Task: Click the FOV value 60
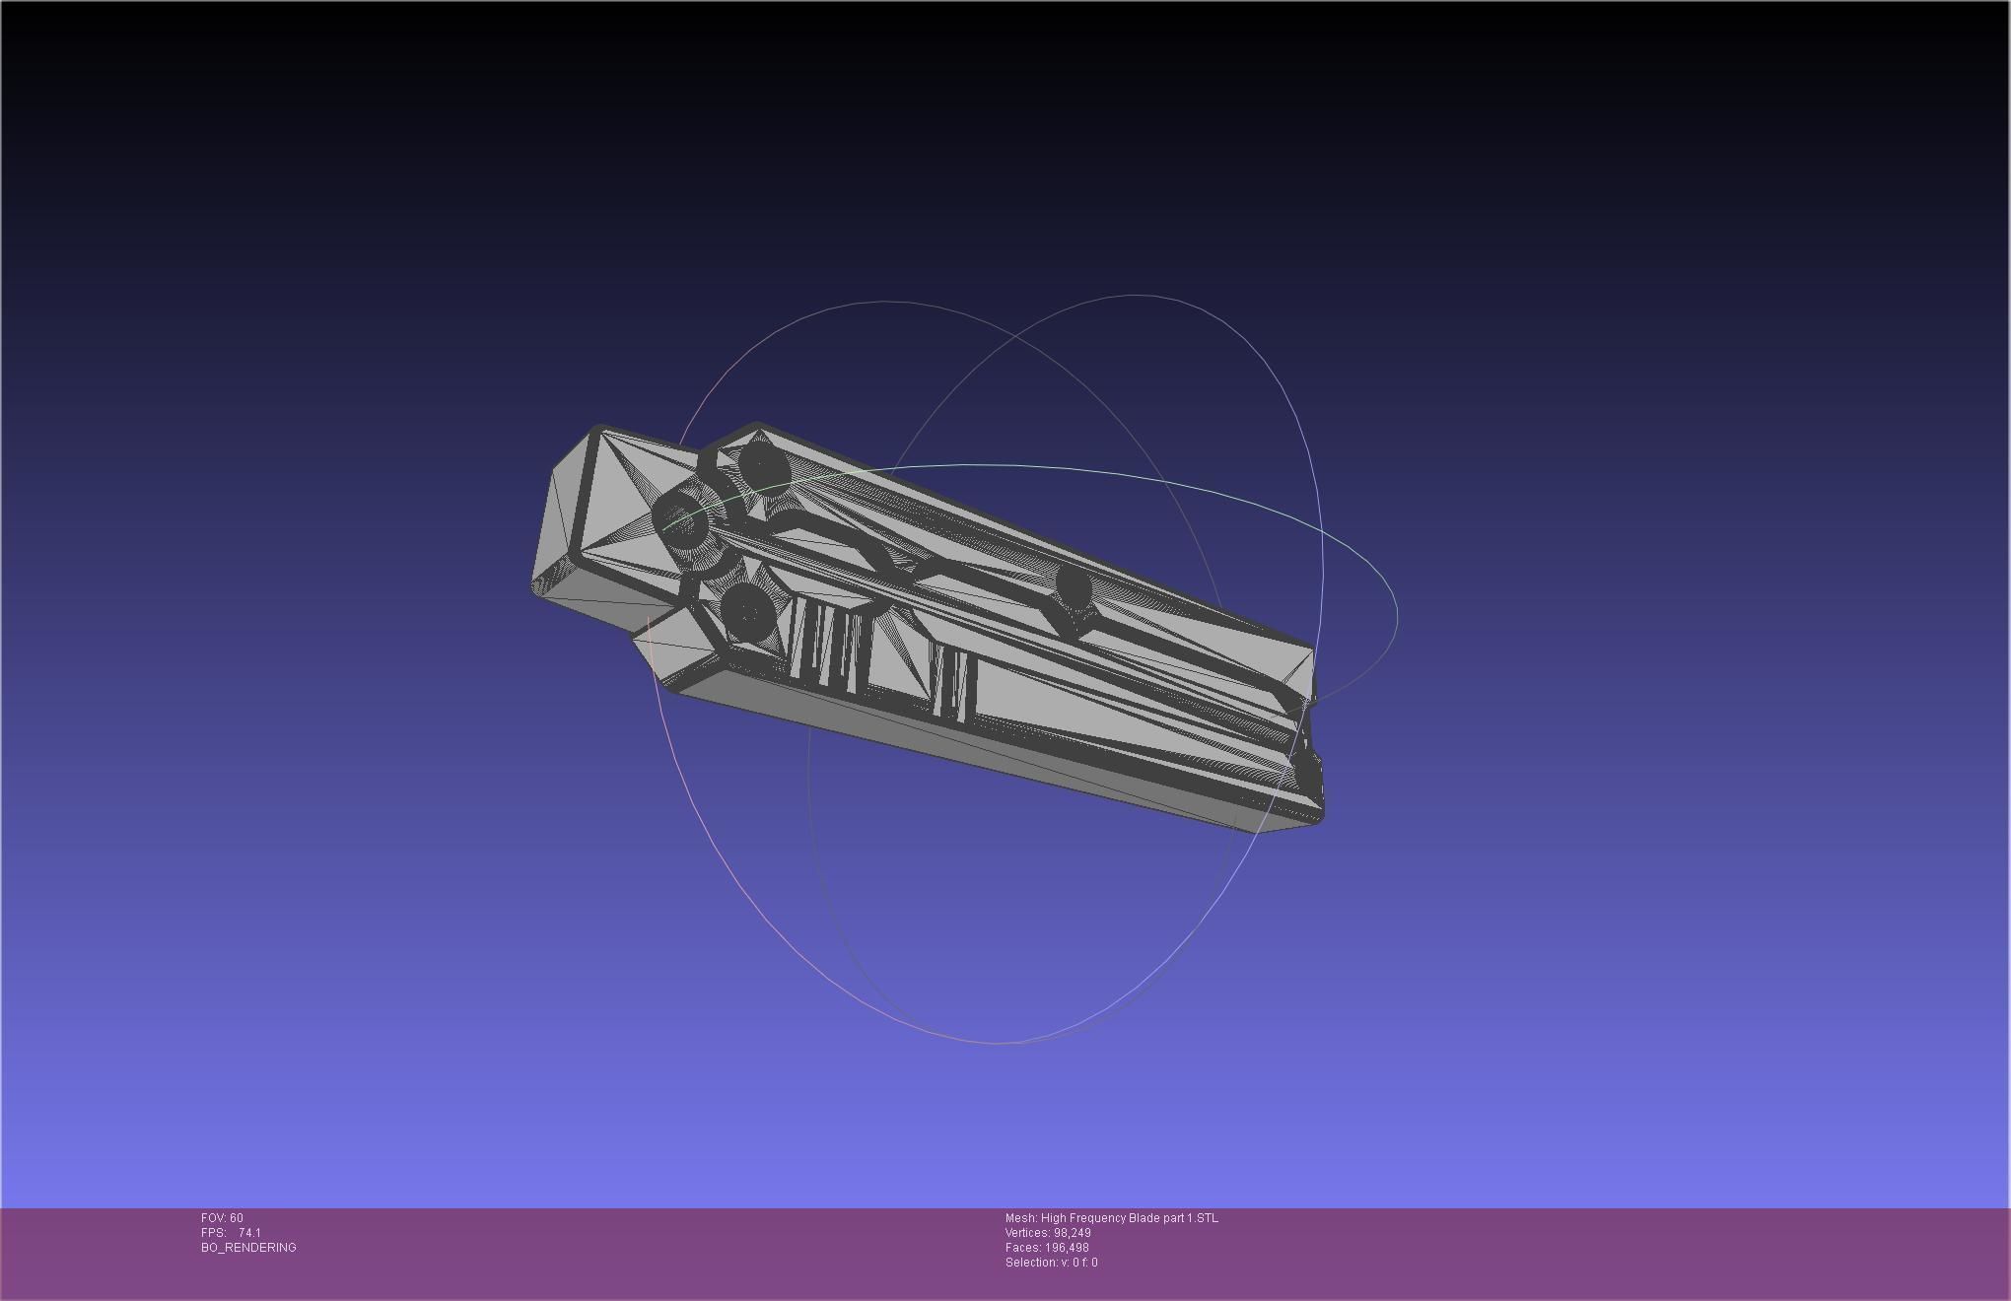coord(237,1218)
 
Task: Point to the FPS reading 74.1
coord(249,1233)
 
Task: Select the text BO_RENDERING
coord(248,1248)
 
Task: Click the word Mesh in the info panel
coord(1020,1218)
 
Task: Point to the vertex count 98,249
coord(1072,1233)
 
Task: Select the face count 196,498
coord(1067,1248)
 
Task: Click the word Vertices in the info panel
coord(1026,1233)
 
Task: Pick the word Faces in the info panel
coord(1022,1248)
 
